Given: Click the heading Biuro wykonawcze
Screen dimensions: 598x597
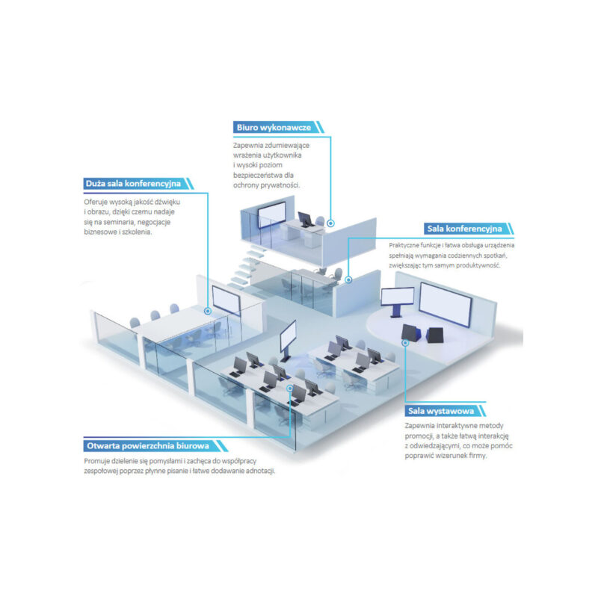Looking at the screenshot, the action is click(x=274, y=127).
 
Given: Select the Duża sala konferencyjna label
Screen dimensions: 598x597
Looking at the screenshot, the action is click(x=133, y=183).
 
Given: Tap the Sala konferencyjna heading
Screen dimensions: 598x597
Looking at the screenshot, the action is click(x=464, y=229).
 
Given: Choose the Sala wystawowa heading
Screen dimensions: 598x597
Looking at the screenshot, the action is click(x=441, y=411).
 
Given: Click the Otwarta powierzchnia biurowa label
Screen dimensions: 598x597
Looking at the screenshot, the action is click(x=148, y=445).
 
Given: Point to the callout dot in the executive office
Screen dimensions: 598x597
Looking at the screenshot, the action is click(x=330, y=223).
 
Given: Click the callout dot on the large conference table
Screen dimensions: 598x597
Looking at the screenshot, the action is click(x=208, y=311).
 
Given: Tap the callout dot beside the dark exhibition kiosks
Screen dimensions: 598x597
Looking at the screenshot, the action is click(x=405, y=343).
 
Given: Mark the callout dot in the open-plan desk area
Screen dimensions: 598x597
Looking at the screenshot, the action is click(x=290, y=388).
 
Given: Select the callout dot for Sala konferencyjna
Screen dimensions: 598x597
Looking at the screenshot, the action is click(x=348, y=279).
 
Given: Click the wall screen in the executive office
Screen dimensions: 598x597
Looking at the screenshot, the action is click(x=271, y=214).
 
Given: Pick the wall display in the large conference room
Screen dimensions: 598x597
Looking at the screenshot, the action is click(x=226, y=301).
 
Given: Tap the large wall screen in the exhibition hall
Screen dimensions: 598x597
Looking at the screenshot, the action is click(x=445, y=304).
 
